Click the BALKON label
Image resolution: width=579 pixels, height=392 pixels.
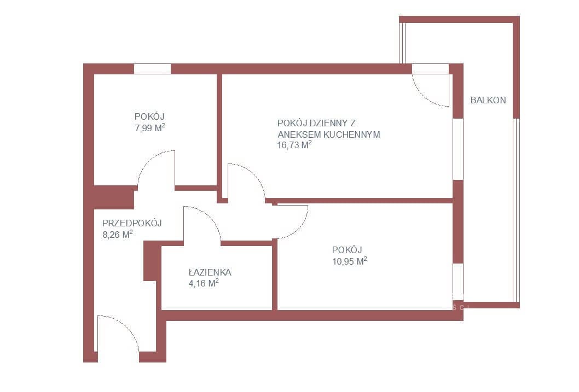[488, 100]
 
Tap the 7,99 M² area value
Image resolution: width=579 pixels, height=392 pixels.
[150, 128]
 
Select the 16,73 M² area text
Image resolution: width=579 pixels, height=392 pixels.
[294, 145]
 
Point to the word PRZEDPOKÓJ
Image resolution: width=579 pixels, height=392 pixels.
[132, 223]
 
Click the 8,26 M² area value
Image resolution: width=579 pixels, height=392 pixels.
[118, 234]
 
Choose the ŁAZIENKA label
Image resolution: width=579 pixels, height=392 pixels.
[210, 272]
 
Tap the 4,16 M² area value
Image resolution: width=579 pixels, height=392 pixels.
[204, 283]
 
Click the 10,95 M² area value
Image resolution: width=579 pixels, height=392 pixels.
[349, 261]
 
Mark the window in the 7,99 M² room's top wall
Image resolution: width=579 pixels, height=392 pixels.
[152, 69]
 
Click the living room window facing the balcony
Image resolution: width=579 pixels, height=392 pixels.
[458, 149]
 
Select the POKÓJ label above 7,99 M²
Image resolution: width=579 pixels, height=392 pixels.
[149, 116]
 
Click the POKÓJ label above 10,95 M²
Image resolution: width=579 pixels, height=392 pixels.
[347, 250]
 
